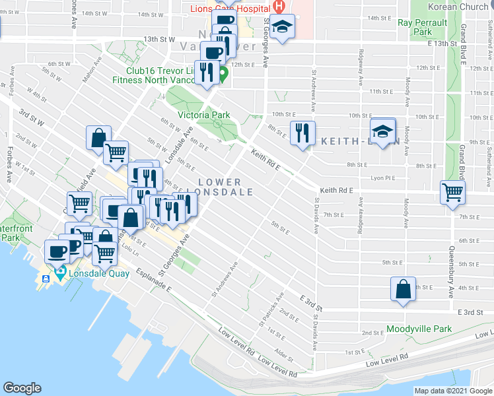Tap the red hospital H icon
pyautogui.click(x=279, y=7)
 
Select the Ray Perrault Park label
pyautogui.click(x=423, y=27)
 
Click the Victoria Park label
pyautogui.click(x=204, y=114)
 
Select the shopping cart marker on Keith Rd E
pyautogui.click(x=452, y=193)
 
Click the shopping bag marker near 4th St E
pyautogui.click(x=403, y=289)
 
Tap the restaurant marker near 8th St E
pyautogui.click(x=302, y=133)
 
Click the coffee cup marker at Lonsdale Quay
pyautogui.click(x=57, y=251)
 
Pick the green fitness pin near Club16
pyautogui.click(x=223, y=73)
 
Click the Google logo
pyautogui.click(x=22, y=388)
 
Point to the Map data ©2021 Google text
pyautogui.click(x=453, y=391)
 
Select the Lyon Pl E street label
pyautogui.click(x=383, y=178)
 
